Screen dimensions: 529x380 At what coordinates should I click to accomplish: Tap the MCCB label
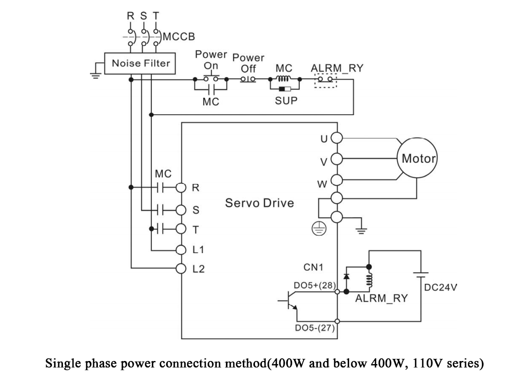coord(179,36)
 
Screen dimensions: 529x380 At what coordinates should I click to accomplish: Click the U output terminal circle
coord(336,138)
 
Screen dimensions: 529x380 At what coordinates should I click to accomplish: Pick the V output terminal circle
coord(336,159)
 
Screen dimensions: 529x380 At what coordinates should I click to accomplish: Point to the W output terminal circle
coord(336,180)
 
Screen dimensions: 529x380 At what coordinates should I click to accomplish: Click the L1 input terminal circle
coord(181,250)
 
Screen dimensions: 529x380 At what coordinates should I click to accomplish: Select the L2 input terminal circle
coord(181,268)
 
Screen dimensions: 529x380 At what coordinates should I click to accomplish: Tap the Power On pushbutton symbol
coord(211,78)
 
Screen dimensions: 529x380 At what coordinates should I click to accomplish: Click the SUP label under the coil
coord(286,100)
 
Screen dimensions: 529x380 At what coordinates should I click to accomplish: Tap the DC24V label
coord(441,288)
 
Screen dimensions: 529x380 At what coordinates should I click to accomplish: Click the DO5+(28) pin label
coord(314,285)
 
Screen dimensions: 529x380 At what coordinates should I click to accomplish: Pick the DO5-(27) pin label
coord(315,328)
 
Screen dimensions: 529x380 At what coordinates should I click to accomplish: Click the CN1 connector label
coord(313,267)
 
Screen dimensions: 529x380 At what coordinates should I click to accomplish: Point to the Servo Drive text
coord(259,203)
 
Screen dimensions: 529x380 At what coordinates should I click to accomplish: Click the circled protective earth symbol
coord(319,229)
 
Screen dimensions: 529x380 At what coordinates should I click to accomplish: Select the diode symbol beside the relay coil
coord(346,276)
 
